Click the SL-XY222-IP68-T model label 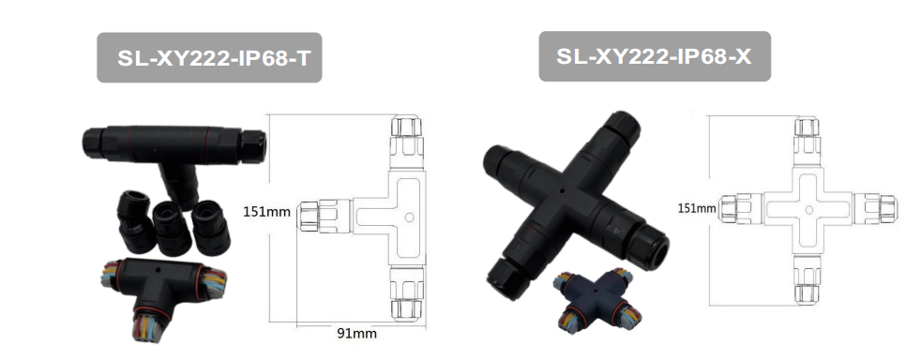[x=214, y=58]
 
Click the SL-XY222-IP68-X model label [x=654, y=56]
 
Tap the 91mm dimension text [x=356, y=334]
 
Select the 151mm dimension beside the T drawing [x=266, y=212]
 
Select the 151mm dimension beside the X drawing [x=697, y=208]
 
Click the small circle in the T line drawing [x=409, y=217]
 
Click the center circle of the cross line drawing [x=808, y=210]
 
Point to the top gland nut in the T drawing [x=406, y=127]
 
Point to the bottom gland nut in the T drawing [x=407, y=309]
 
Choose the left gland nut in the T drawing [x=308, y=217]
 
